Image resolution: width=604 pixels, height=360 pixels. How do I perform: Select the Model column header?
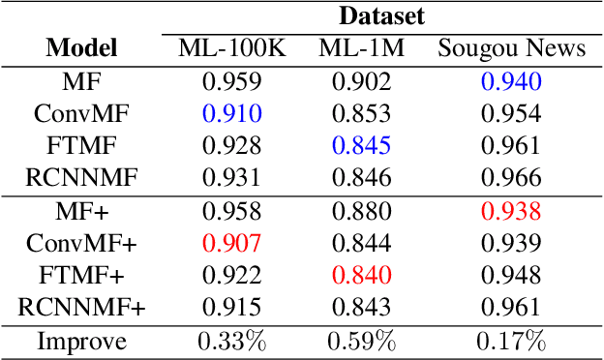coord(81,47)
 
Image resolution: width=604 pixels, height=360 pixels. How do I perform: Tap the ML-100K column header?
coord(232,47)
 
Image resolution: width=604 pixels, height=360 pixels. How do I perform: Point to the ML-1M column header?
coord(361,47)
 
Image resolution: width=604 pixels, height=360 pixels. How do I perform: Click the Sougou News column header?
coord(512,47)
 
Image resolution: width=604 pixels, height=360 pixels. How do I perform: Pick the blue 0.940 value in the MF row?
coord(512,81)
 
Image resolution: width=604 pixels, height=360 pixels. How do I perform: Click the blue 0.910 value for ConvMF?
coord(232,114)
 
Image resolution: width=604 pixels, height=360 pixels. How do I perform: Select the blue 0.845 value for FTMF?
coord(361,146)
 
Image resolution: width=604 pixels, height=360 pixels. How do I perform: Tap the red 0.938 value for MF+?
coord(512,212)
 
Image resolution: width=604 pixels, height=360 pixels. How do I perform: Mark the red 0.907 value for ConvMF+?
coord(232,244)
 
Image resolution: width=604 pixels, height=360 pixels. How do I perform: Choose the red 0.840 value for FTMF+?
coord(361,276)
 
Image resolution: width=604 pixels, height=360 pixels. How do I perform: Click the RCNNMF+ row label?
coord(81,309)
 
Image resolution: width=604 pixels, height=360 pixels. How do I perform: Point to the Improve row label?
coord(81,341)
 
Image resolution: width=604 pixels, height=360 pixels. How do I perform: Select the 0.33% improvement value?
coord(232,341)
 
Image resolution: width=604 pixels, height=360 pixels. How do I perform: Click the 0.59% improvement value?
coord(361,341)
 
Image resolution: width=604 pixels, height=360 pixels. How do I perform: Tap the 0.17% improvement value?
coord(512,341)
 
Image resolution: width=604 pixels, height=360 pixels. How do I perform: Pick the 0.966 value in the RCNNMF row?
coord(512,178)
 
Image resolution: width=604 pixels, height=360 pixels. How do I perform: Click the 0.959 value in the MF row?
coord(232,81)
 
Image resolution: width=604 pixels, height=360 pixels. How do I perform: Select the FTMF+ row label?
coord(81,276)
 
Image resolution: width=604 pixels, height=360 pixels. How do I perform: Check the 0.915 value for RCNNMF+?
coord(232,309)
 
